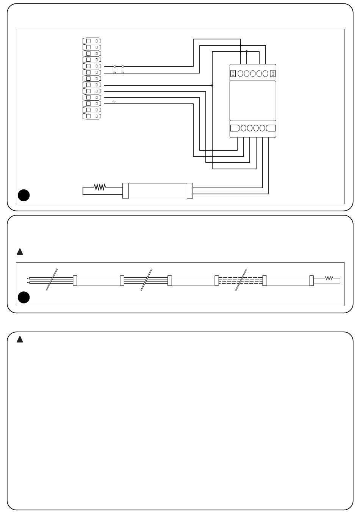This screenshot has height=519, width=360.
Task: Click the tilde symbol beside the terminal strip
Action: [114, 102]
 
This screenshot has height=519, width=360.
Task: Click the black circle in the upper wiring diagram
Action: [23, 195]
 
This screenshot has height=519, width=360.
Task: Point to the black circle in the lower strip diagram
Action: [23, 297]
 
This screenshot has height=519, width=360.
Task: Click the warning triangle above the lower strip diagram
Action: [20, 252]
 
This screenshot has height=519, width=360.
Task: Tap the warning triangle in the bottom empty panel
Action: [20, 339]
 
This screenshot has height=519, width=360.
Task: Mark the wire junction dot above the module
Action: [247, 51]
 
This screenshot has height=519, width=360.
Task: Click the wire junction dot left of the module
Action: [212, 86]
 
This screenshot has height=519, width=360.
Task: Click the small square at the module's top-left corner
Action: [233, 73]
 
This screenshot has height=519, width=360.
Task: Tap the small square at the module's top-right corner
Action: [272, 73]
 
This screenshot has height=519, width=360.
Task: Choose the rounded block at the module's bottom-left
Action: [235, 128]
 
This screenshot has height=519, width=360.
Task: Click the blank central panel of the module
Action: [253, 100]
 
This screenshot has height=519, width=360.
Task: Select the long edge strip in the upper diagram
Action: [158, 191]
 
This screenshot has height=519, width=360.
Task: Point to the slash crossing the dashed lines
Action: [241, 280]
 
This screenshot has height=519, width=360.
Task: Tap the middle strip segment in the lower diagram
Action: [193, 281]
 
